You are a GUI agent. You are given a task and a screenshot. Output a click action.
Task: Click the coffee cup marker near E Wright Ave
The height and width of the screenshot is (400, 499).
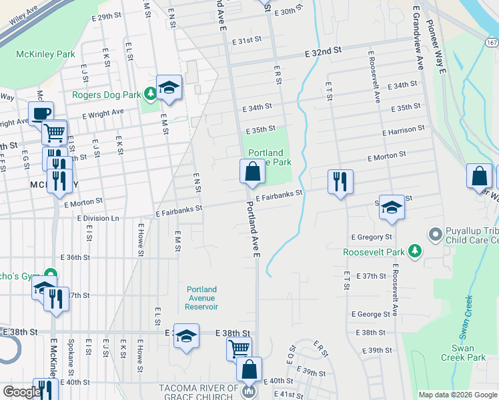click(x=41, y=113)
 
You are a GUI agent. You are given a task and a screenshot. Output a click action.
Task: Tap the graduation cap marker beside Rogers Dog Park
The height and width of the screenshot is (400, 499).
click(x=169, y=87)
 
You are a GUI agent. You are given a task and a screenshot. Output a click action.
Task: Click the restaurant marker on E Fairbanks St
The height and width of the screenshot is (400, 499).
click(x=340, y=181)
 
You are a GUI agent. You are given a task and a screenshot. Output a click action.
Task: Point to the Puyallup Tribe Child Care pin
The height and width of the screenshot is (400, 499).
click(x=436, y=234)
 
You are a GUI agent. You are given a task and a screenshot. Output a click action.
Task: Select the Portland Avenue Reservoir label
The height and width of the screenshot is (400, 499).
click(x=201, y=298)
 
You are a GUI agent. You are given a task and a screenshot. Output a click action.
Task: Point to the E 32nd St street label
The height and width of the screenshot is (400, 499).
click(x=323, y=50)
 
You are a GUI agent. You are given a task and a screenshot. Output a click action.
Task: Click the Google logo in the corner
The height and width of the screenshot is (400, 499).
click(x=21, y=392)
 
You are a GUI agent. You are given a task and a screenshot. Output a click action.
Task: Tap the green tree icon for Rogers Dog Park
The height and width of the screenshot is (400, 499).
click(x=151, y=94)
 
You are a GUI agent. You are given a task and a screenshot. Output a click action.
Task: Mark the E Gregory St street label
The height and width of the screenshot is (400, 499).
click(x=372, y=237)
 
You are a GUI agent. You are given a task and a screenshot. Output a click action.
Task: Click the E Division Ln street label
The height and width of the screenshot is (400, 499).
click(x=98, y=218)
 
